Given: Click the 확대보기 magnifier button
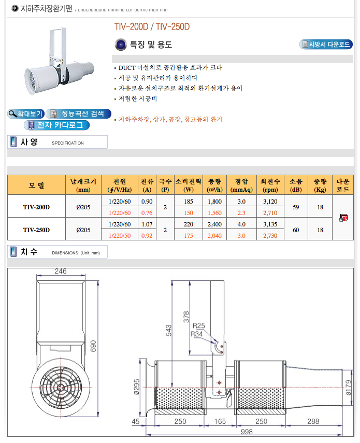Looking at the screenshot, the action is pos(26,114).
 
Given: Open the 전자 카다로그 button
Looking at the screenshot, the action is pos(57,125).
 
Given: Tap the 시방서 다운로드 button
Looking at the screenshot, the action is pos(326,45).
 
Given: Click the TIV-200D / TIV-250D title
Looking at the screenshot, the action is pos(152,27).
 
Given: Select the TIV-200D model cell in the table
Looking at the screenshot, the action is pos(36,207).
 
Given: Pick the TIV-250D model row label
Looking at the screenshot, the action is pos(36,230).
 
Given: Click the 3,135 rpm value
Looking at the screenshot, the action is pos(270,224).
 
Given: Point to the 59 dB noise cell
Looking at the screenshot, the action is pos(296,207).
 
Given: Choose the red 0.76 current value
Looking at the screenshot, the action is pos(147,213).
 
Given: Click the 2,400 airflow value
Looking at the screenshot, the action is pos(214,224).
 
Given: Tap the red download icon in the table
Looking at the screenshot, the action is pos(343,218).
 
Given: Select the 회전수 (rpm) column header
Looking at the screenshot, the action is pos(270,185).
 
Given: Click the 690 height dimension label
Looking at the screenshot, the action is pos(93,346).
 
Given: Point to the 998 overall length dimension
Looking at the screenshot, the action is pos(247,432).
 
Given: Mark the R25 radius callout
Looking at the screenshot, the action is pos(199,325).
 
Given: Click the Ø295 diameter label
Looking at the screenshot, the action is pos(137,387).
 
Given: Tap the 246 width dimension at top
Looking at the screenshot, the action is pos(61,271).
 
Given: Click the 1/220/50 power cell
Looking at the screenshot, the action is pos(120,236).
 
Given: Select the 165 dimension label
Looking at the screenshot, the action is pos(220,421).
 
